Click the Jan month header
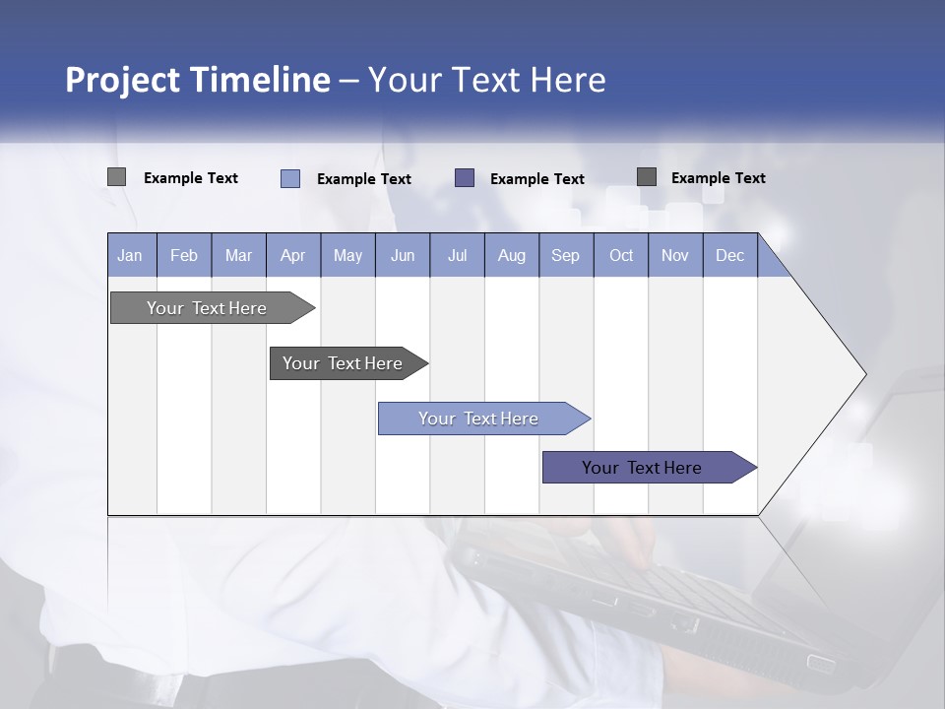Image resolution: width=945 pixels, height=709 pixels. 130,255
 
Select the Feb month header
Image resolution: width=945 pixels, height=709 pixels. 184,255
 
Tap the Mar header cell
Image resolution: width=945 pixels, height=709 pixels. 238,255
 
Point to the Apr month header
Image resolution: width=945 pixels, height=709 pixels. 293,255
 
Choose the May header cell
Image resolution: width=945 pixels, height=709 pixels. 347,255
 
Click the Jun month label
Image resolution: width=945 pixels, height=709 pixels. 403,255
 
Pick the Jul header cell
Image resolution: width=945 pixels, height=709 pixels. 457,255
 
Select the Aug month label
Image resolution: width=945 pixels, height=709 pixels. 512,255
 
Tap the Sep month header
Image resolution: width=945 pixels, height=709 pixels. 566,255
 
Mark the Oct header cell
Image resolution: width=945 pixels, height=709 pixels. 621,255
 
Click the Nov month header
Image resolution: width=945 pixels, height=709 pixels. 675,255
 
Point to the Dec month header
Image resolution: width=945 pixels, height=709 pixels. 729,255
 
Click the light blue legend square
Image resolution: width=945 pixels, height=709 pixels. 290,178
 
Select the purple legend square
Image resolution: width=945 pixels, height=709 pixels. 465,177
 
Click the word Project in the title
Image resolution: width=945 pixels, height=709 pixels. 121,80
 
